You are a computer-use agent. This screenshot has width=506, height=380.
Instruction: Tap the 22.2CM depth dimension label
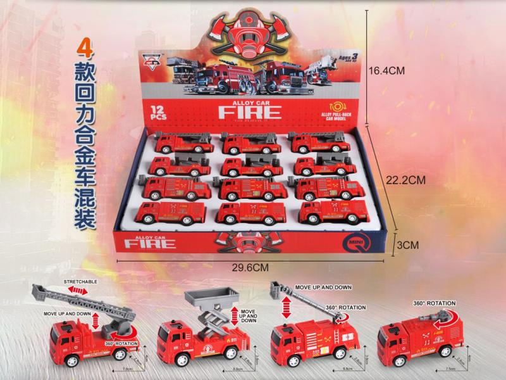click(x=404, y=180)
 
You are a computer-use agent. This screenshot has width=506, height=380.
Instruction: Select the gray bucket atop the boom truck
click(x=276, y=289)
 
